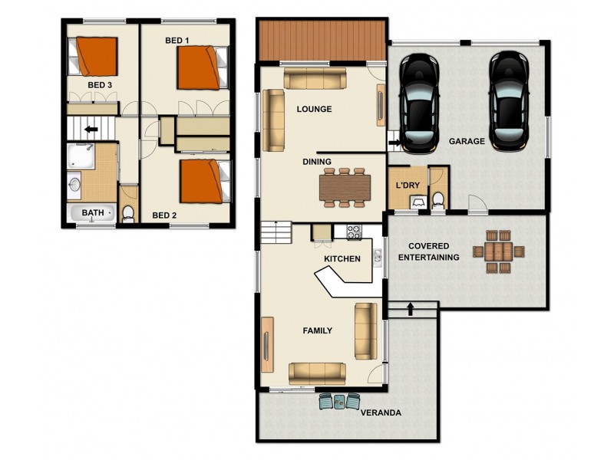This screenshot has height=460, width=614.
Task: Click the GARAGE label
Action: tap(467, 142)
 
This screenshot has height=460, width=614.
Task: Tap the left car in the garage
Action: tap(419, 100)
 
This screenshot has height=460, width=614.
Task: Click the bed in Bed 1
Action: tap(202, 67)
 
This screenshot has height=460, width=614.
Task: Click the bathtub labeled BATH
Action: tap(93, 213)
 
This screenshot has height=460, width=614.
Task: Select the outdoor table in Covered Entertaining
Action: tap(499, 252)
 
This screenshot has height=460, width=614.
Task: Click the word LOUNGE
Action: tap(314, 110)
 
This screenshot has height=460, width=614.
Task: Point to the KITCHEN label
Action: tap(342, 259)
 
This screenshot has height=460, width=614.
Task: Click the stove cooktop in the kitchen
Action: tap(355, 230)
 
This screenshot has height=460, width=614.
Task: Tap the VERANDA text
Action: tap(381, 413)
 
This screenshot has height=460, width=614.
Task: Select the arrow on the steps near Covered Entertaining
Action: tap(411, 309)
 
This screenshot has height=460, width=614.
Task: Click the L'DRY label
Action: tap(407, 186)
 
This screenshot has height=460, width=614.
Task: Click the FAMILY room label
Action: tap(317, 331)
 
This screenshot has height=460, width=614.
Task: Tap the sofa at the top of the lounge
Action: tap(315, 78)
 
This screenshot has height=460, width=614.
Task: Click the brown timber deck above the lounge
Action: tap(322, 40)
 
